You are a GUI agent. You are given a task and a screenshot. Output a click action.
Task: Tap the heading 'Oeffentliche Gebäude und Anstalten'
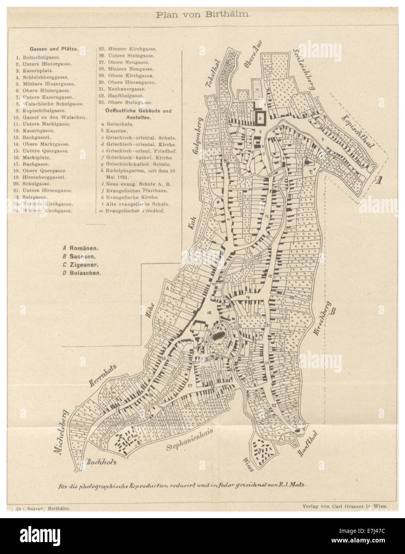coord(138,114)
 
